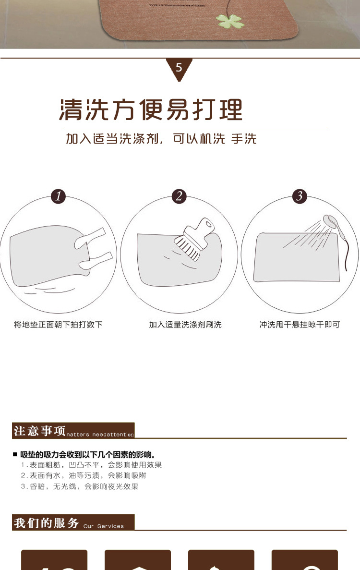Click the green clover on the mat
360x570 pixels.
tap(230, 21)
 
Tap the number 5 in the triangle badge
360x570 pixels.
tap(179, 67)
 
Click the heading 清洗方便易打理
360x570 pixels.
tap(151, 110)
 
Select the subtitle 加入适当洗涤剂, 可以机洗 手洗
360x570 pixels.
tap(161, 139)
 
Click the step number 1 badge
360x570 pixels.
tap(58, 196)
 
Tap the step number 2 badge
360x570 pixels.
tap(179, 196)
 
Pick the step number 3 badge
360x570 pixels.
tap(300, 196)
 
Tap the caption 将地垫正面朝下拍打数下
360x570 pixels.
tap(58, 325)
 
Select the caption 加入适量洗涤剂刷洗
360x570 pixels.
tap(185, 325)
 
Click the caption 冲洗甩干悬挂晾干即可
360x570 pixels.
tap(300, 325)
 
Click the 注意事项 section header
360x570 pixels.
tap(40, 430)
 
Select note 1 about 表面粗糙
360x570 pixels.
tap(91, 465)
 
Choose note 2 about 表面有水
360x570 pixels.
tap(83, 475)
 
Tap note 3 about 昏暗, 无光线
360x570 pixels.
tap(79, 486)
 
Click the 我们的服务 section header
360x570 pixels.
tap(46, 522)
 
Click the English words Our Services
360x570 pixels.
tap(103, 526)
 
